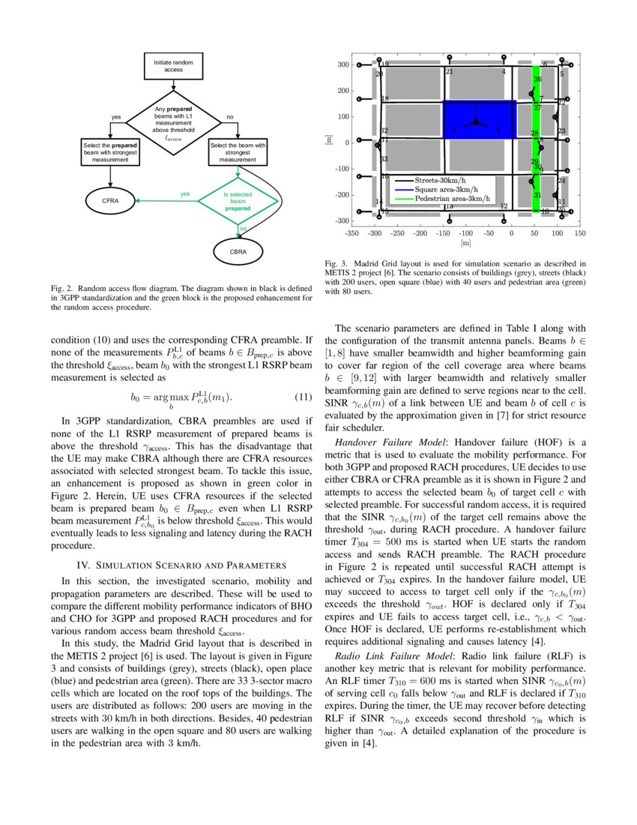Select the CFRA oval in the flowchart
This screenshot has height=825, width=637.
pos(110,201)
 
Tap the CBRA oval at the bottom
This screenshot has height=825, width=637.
pos(238,251)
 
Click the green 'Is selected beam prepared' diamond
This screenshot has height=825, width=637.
pos(238,201)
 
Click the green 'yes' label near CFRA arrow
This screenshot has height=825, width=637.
pos(185,193)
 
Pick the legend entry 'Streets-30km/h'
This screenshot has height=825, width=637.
pos(441,180)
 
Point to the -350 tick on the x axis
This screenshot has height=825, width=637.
pos(350,233)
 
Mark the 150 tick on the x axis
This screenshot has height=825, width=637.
pos(580,233)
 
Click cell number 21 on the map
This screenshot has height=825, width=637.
pos(449,72)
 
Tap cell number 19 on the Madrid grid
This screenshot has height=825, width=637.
pos(384,65)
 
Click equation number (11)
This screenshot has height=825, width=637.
pos(300,395)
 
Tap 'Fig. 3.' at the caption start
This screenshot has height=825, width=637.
pos(335,264)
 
